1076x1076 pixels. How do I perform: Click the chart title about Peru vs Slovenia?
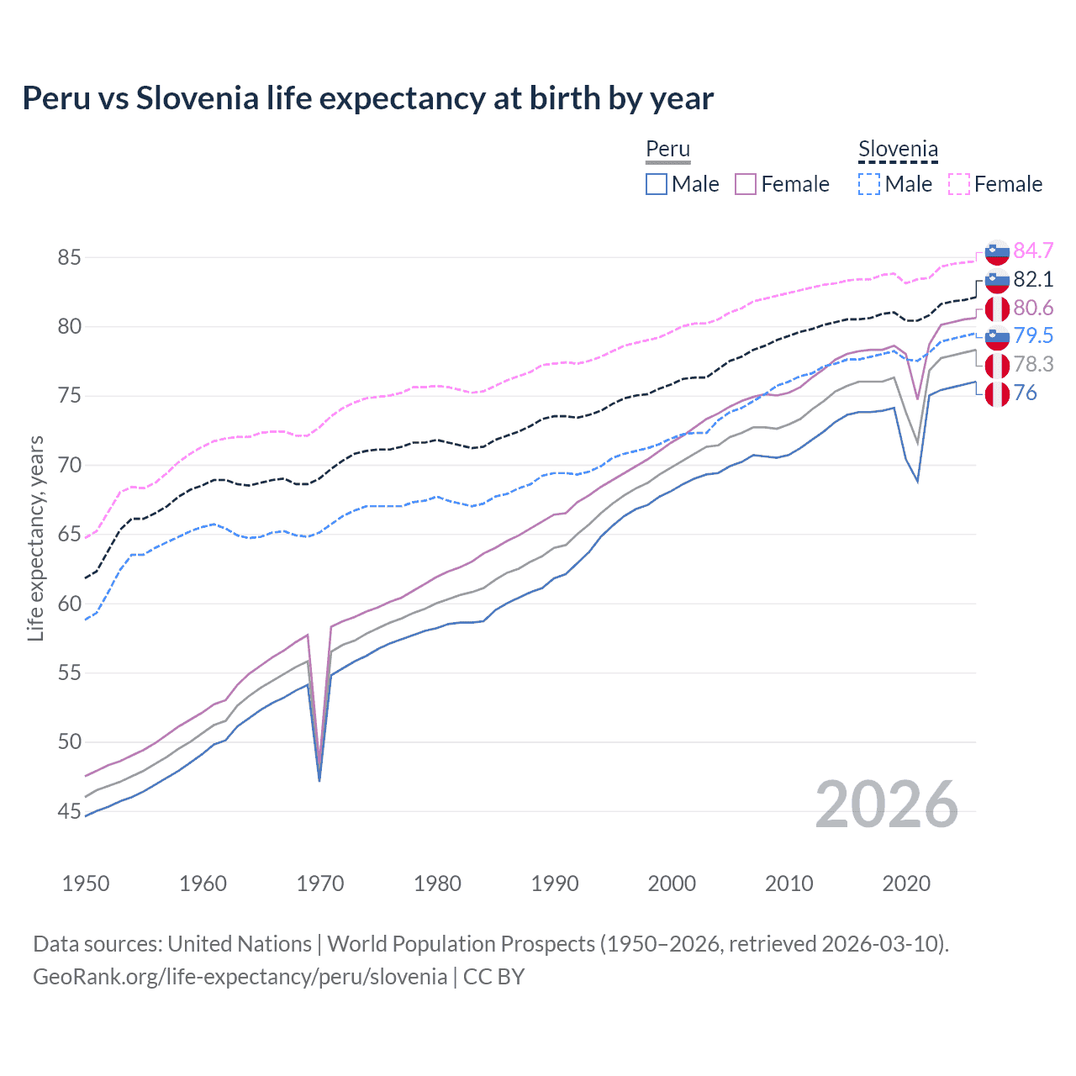367,98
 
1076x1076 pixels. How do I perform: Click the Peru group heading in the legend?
667,149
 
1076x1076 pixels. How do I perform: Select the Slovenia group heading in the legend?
898,150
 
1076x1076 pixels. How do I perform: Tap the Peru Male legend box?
657,184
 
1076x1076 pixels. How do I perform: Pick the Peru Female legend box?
746,184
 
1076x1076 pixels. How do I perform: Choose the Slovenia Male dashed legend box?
869,184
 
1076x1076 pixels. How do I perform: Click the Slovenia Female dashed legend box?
959,184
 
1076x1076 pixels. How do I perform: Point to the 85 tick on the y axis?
69,257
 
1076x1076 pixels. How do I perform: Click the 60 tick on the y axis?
69,604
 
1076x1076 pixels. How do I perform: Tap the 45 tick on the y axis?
69,811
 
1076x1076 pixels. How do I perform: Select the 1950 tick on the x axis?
86,883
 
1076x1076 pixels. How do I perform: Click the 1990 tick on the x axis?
555,883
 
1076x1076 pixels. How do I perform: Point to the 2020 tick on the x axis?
906,883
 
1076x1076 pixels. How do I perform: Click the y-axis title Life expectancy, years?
35,538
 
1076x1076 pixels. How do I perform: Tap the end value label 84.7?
1033,251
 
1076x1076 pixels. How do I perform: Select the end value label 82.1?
1033,279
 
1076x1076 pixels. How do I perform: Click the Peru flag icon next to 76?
997,393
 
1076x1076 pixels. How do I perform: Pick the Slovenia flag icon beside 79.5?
997,336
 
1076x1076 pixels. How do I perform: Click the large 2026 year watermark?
887,804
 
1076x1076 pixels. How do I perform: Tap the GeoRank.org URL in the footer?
240,976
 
